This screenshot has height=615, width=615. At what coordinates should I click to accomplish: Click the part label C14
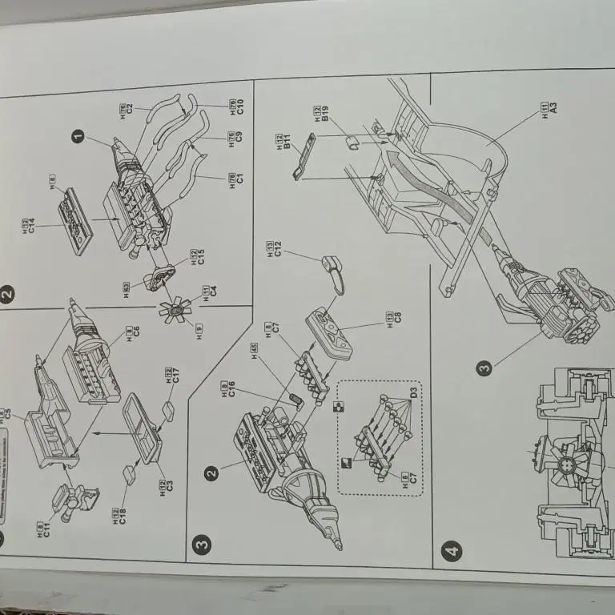30,226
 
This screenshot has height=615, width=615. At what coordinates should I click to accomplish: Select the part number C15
202,257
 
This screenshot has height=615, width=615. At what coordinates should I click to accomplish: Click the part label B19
325,115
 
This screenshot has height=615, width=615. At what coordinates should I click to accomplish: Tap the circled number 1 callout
78,137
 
